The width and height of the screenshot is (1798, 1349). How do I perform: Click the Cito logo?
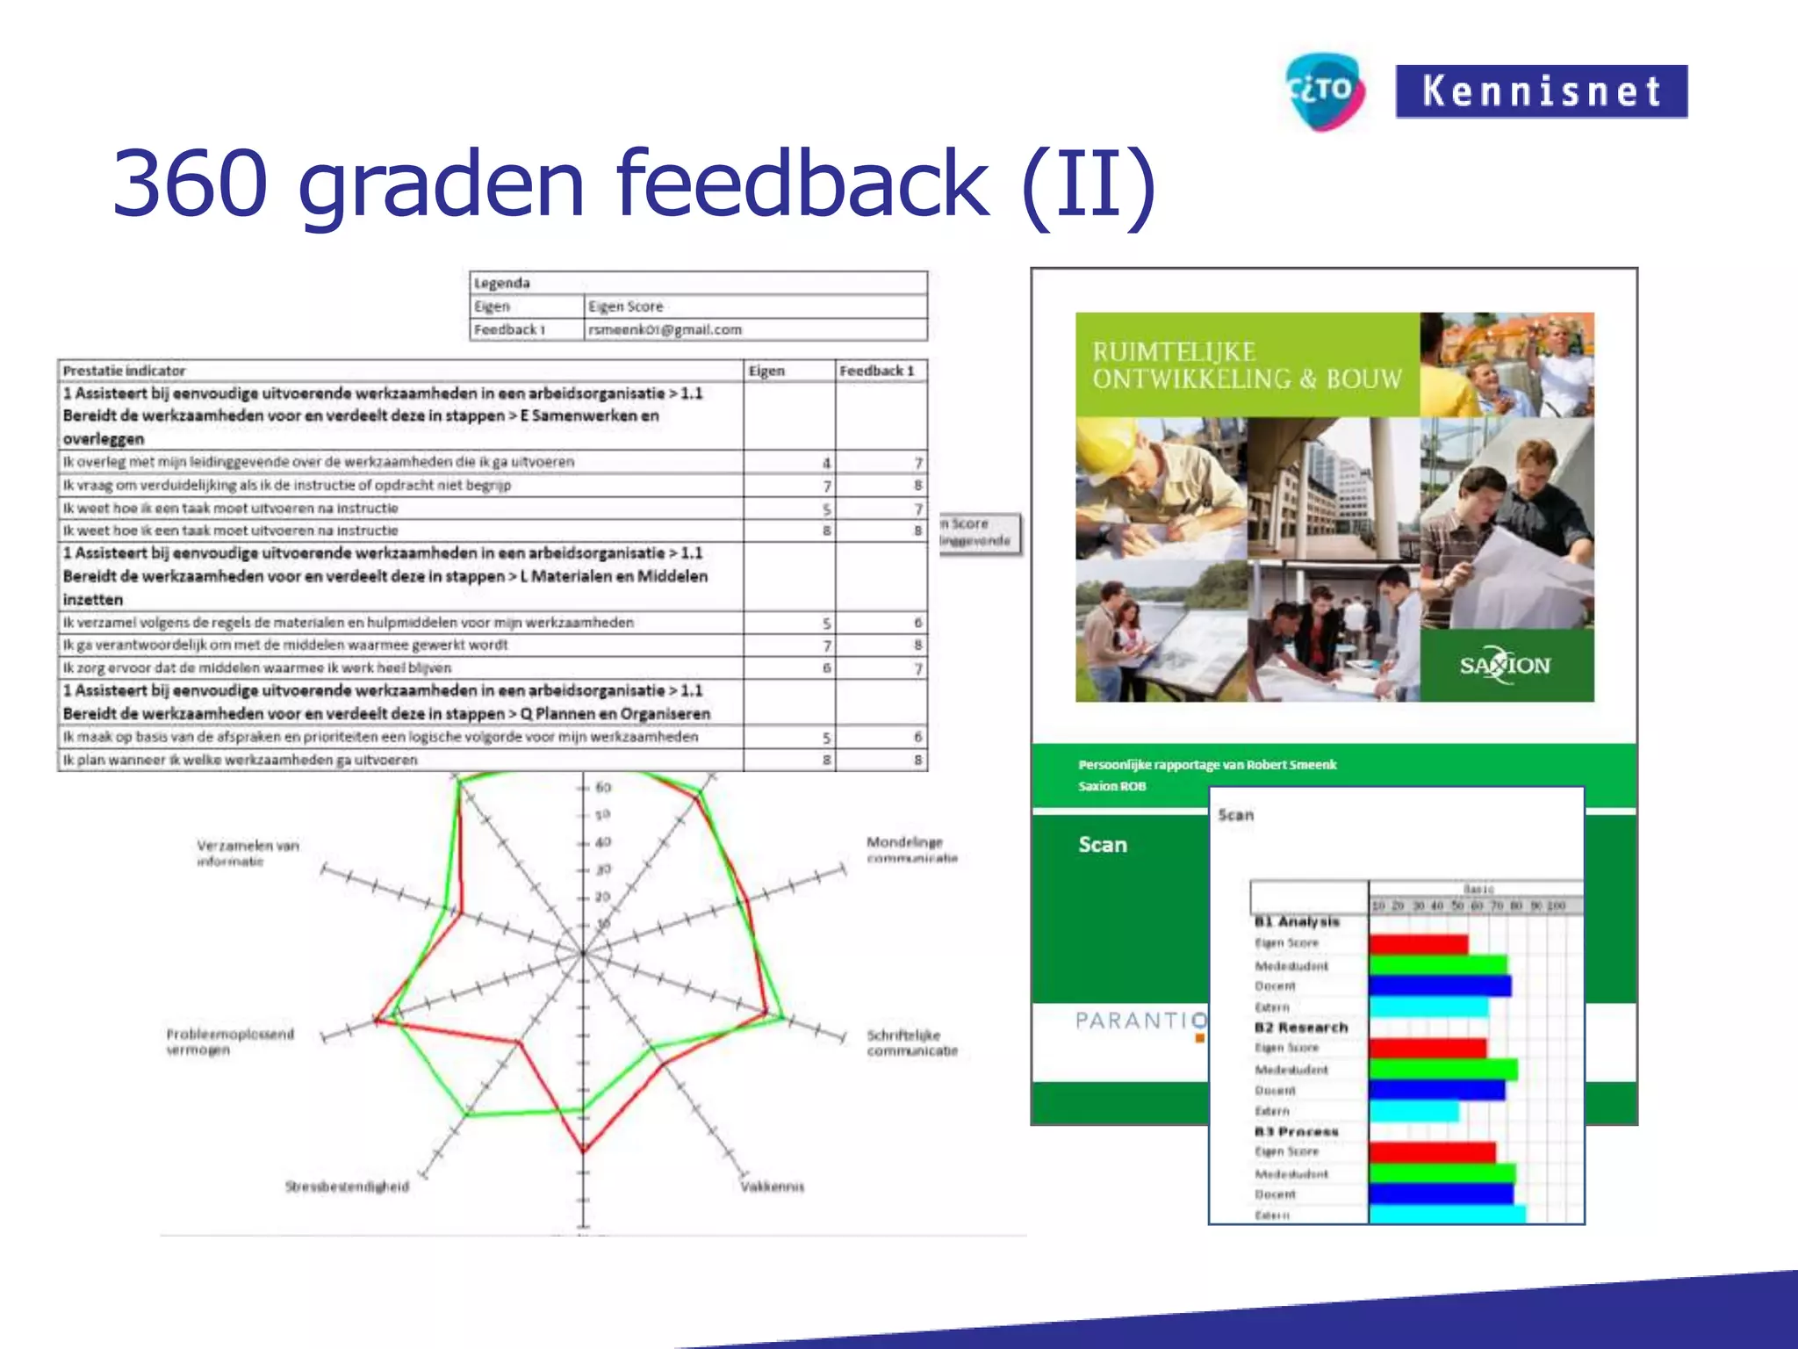tap(1325, 91)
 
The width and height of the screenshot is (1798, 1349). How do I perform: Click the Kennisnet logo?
tap(1541, 91)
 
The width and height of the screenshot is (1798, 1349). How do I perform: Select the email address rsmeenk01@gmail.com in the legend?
tap(665, 329)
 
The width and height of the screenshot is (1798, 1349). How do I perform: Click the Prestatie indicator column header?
tap(124, 371)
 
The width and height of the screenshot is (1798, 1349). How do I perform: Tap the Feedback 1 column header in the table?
tap(876, 371)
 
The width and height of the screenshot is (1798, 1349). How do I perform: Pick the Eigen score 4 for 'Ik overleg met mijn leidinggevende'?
tap(825, 463)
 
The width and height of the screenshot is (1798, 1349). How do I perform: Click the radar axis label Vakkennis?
tap(772, 1187)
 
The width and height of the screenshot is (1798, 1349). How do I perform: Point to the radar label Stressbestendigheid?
tap(347, 1187)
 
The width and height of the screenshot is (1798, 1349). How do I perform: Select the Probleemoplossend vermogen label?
tap(230, 1042)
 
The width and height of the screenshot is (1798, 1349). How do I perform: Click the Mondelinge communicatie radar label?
tap(911, 849)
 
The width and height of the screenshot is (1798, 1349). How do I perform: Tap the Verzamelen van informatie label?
tap(248, 853)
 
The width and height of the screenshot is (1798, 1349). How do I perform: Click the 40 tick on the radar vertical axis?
tap(602, 842)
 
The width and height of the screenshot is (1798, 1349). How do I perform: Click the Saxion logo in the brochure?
tap(1505, 665)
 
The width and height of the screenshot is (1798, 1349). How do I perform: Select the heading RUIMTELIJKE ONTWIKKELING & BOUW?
tap(1247, 365)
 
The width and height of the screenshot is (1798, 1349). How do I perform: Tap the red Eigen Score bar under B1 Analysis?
tap(1418, 944)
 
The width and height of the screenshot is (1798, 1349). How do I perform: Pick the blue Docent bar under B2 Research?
tap(1436, 1091)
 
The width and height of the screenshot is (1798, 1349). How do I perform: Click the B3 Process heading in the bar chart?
tap(1296, 1132)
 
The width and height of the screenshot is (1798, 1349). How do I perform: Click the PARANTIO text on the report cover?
tap(1140, 1021)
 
